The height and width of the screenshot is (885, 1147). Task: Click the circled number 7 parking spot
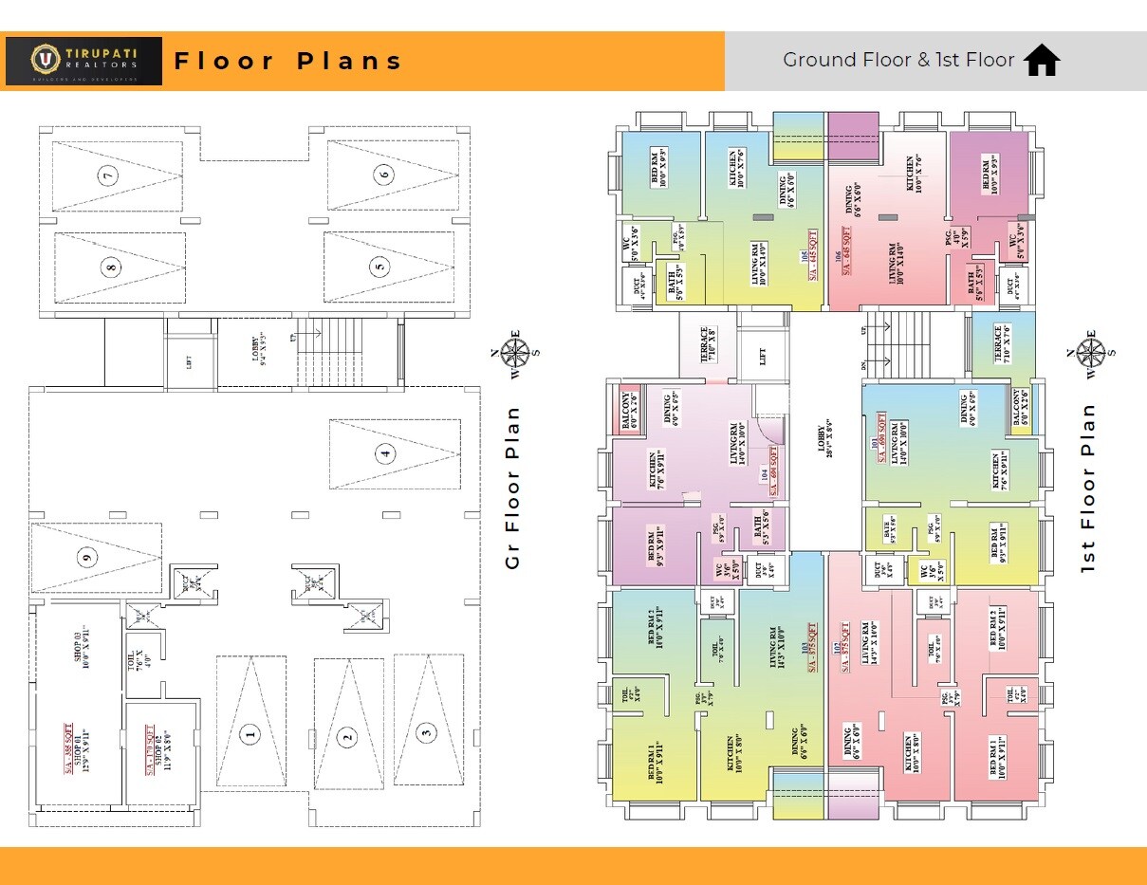point(110,175)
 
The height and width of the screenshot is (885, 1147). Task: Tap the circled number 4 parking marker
point(385,453)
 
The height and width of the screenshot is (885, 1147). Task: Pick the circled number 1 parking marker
point(250,733)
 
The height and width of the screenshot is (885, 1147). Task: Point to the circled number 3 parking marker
point(426,731)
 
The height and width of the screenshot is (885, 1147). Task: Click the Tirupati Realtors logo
point(83,61)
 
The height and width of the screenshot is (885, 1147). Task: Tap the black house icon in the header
point(1042,60)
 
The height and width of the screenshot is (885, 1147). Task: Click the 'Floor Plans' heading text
point(289,62)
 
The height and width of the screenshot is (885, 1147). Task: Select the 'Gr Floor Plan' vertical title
point(513,488)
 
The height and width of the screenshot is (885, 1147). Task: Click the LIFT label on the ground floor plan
point(190,360)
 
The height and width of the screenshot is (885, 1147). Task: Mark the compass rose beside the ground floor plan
point(516,351)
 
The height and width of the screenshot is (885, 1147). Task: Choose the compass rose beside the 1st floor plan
point(1087,351)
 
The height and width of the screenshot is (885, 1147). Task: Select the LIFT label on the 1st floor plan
point(762,357)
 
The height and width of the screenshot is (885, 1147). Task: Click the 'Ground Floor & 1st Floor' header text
point(898,60)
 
